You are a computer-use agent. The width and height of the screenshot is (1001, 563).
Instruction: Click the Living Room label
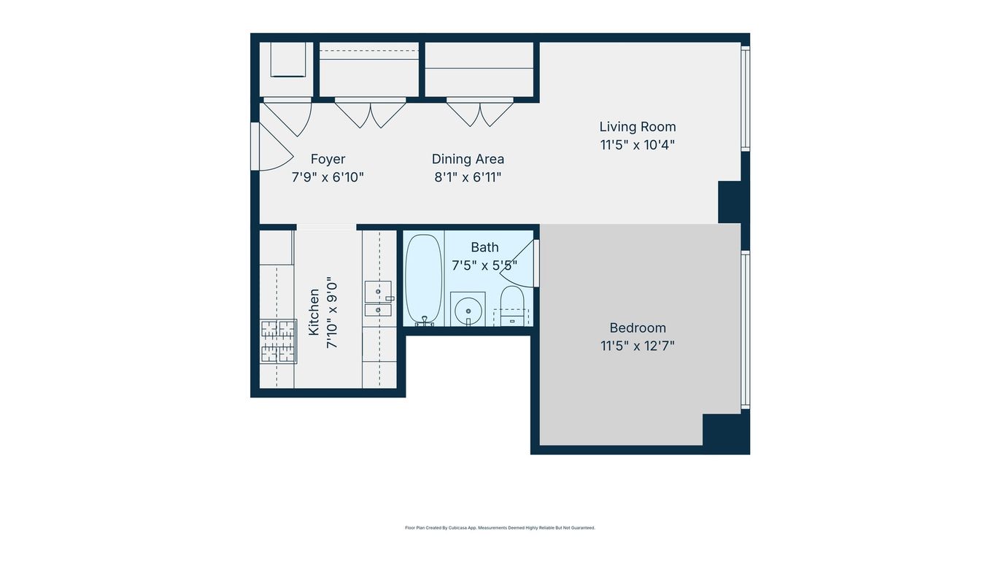637,127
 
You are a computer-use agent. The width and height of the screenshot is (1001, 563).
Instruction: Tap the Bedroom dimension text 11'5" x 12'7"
637,346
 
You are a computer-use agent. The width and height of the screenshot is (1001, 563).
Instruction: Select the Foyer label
328,159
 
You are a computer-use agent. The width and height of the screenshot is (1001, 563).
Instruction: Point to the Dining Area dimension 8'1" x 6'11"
468,177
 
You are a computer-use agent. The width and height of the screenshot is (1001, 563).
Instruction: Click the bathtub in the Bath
422,279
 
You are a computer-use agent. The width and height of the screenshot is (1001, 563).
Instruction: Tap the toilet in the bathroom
512,304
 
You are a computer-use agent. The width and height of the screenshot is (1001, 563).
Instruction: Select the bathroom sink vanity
467,309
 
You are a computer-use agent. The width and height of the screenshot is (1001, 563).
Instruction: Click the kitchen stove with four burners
279,341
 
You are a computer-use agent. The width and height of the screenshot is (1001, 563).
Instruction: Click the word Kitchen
314,312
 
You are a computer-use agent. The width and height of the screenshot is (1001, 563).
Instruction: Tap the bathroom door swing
527,263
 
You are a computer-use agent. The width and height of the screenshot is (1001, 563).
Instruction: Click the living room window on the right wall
745,98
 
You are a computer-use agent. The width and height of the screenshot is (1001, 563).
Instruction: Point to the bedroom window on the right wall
745,329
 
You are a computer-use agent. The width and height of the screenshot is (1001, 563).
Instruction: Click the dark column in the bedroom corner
725,431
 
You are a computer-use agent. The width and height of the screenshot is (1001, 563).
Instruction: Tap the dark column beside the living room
733,202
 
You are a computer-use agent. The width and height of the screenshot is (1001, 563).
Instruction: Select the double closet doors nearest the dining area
480,113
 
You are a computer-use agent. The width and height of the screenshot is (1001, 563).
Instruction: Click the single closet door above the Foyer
288,117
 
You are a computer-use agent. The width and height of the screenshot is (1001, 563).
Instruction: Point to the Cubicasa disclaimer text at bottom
500,527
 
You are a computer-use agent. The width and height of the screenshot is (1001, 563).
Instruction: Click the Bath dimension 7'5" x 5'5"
484,265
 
